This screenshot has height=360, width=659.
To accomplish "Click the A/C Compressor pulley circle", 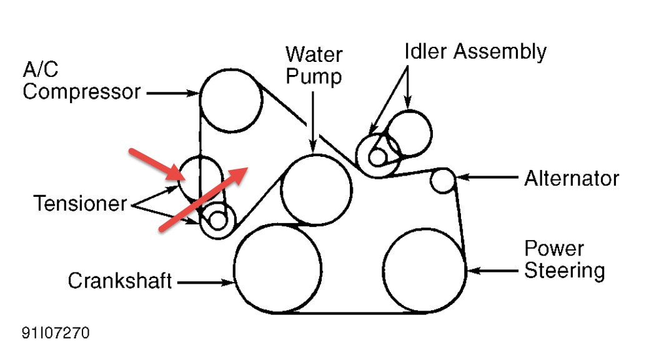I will pos(230,100).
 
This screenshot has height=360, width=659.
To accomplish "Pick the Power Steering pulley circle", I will pos(424,269).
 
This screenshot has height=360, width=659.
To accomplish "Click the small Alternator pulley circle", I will pos(443,180).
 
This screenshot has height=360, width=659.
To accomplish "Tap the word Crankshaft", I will pos(119,281).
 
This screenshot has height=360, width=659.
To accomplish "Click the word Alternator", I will pos(571,179).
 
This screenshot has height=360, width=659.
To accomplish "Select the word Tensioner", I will pos(80,204).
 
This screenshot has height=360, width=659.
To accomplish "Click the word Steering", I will pos(564,271).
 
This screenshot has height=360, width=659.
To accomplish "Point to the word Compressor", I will pos(81,92).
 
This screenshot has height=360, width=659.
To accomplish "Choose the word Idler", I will pos(426,51).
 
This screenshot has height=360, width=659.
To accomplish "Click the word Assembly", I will pos(500,51).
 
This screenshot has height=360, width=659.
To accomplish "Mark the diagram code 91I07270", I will pos(55,333).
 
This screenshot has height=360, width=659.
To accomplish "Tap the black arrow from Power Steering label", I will pos(493,271).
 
